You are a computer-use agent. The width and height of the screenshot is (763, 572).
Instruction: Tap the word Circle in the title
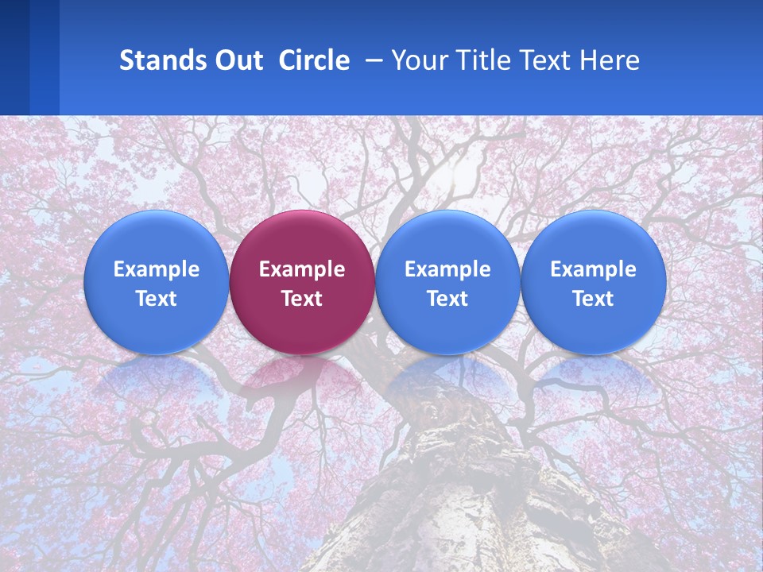click(314, 60)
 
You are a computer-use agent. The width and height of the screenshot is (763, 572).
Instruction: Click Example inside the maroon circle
click(302, 269)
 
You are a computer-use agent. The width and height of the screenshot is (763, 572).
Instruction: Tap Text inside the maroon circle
click(302, 299)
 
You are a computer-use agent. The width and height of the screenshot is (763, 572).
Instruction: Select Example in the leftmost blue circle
click(157, 269)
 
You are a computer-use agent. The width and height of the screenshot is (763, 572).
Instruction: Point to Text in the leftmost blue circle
click(157, 299)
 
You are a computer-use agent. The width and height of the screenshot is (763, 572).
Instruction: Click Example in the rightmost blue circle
click(593, 269)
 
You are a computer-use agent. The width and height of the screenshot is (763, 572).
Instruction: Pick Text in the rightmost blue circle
click(593, 299)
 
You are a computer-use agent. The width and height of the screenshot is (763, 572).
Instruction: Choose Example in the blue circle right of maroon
click(447, 269)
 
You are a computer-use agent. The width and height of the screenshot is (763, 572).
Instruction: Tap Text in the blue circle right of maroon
click(447, 299)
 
